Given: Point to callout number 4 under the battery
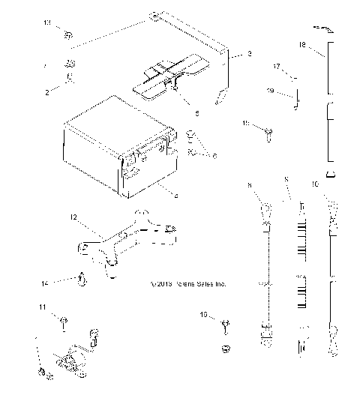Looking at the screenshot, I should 175,197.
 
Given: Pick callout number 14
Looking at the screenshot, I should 45,283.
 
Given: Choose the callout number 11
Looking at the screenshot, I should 43,307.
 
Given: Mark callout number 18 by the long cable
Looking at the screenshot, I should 301,44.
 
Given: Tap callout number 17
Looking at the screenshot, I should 276,67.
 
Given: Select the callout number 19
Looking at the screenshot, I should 270,91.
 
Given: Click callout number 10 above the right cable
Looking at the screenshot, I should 337,183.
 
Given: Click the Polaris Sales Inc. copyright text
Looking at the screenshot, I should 187,285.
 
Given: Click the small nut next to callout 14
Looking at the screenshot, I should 81,281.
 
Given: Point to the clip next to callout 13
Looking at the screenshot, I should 68,34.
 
